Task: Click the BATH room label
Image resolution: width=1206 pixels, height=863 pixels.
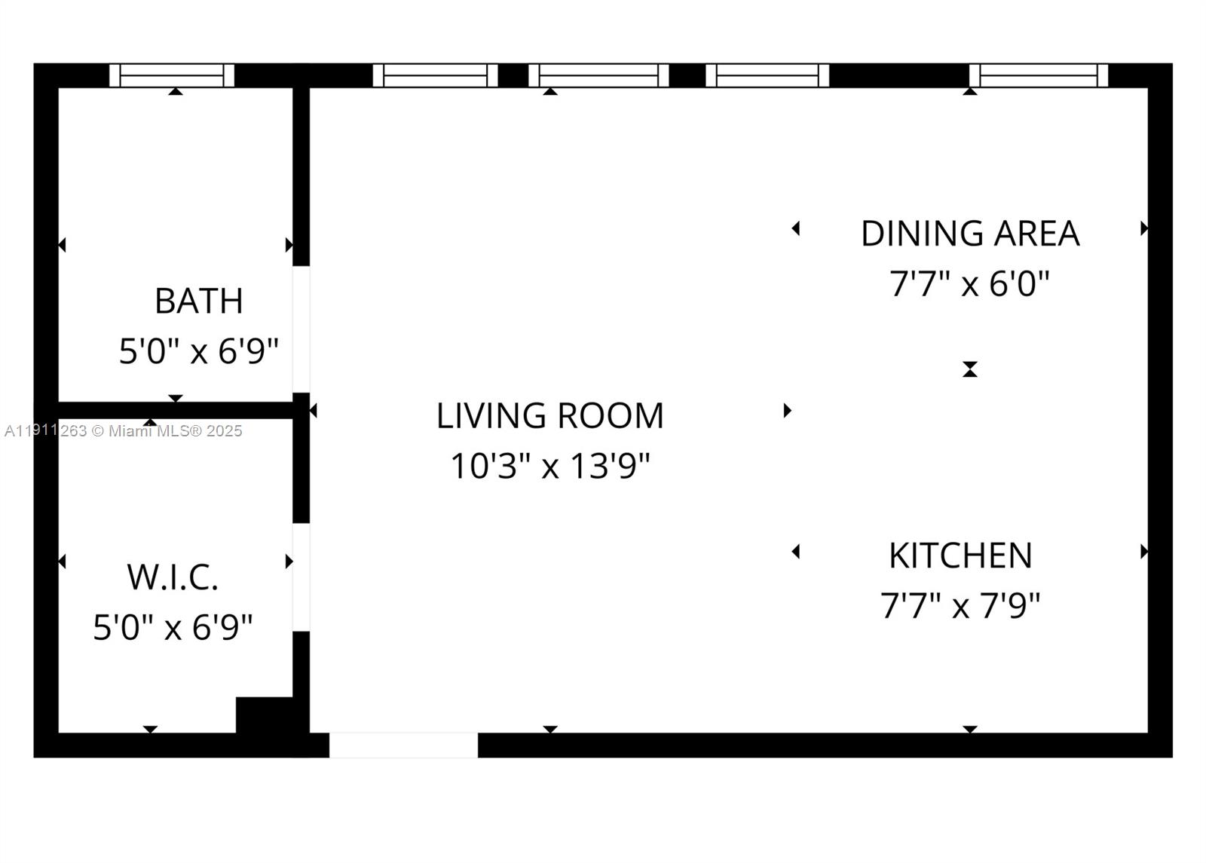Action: pos(199,301)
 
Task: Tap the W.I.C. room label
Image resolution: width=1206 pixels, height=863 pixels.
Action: pos(173,577)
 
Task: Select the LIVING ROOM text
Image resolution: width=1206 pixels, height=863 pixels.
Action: pos(549,416)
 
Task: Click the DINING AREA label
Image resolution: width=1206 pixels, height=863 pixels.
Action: pos(970,234)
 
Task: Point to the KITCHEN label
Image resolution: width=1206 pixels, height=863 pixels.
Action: pos(960,556)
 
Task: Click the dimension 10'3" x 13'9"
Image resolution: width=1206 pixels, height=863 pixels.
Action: pos(549,466)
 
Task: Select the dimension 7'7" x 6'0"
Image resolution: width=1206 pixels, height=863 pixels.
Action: pos(969,284)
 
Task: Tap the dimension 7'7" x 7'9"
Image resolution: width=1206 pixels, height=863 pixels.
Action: pos(960,605)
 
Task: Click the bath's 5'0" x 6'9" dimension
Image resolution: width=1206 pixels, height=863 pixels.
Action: pos(199,351)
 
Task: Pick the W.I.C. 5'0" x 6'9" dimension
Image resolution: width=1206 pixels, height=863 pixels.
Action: pos(173,627)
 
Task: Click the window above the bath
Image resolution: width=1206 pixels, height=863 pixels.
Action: pos(172,75)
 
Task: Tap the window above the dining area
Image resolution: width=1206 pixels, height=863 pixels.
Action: pos(1038,75)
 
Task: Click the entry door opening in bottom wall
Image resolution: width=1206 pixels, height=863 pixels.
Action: pos(403,745)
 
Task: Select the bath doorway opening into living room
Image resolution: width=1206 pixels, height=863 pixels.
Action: pos(301,329)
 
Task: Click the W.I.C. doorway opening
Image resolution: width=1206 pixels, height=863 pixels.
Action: pos(301,577)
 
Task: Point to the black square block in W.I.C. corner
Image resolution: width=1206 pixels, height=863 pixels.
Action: pos(265,715)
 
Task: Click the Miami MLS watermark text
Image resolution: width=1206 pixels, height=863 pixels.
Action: pos(124,431)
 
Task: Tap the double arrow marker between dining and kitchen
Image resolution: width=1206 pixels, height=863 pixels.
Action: pos(970,369)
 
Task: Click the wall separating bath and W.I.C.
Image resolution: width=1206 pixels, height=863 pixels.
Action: pos(175,410)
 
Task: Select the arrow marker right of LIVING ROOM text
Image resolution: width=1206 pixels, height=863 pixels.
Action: pos(787,411)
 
